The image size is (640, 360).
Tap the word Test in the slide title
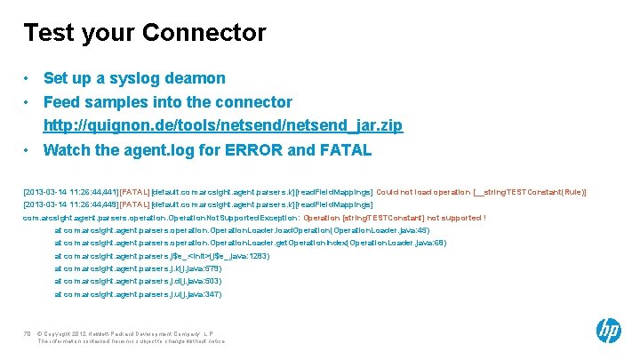(49, 34)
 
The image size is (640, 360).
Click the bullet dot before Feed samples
(28, 102)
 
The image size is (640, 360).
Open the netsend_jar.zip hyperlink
(223, 125)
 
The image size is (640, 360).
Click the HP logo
(608, 331)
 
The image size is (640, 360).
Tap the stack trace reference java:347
(208, 293)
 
